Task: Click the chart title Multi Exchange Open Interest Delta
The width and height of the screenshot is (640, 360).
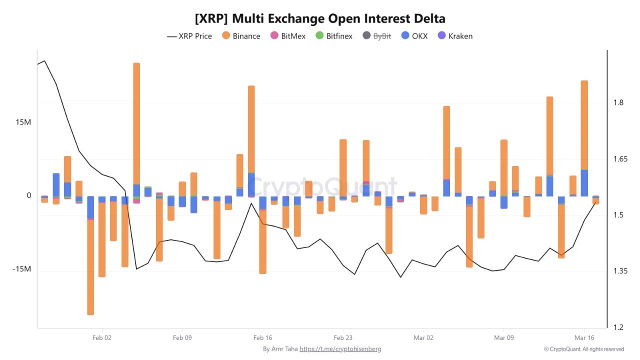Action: coord(320,18)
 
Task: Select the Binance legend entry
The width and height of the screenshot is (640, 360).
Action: coord(241,36)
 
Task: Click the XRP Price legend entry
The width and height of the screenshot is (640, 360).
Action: coord(189,36)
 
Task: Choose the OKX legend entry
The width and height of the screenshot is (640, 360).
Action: coord(414,36)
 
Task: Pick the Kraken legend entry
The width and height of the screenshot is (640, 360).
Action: coord(454,36)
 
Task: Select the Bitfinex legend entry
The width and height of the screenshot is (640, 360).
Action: coord(334,36)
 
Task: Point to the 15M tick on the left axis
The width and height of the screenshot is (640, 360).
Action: coord(22,122)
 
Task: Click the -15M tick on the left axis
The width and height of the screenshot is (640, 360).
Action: coord(21,269)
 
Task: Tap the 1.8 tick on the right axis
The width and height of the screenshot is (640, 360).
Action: coord(618,103)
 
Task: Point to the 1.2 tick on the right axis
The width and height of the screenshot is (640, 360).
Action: coord(618,327)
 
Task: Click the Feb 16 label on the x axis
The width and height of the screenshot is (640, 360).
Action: coord(262,338)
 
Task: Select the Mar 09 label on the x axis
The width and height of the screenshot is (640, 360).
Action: coord(503,338)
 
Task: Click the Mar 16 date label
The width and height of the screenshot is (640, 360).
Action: coord(583,338)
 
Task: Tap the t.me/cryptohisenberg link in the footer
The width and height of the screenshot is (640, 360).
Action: coord(340,349)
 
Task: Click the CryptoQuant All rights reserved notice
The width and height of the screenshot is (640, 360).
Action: coord(584,349)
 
